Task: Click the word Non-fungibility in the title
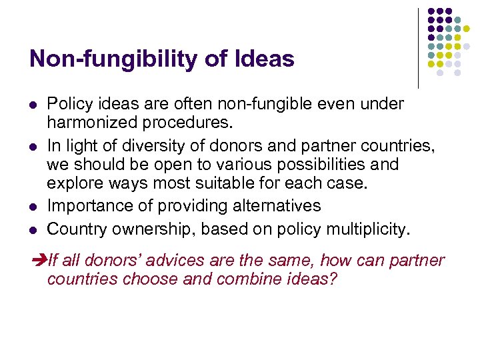coord(107,59)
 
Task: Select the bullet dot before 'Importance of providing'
coord(33,207)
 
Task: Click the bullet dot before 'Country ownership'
coord(33,229)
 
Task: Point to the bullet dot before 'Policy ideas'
coord(33,105)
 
